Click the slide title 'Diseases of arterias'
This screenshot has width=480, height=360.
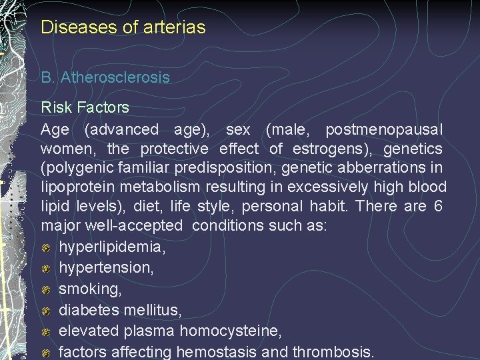tap(123, 27)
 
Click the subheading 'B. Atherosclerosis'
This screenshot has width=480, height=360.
tap(105, 77)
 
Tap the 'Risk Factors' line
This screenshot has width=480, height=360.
tap(85, 107)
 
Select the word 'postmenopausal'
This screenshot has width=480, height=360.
tap(383, 129)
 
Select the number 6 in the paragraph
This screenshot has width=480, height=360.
tap(437, 206)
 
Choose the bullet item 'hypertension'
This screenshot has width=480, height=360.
tap(105, 268)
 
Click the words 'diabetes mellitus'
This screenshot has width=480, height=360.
tap(120, 310)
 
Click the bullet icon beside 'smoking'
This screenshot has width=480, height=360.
tap(47, 289)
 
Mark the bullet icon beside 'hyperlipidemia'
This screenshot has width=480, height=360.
tap(47, 247)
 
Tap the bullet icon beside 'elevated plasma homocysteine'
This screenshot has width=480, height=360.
tap(47, 331)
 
